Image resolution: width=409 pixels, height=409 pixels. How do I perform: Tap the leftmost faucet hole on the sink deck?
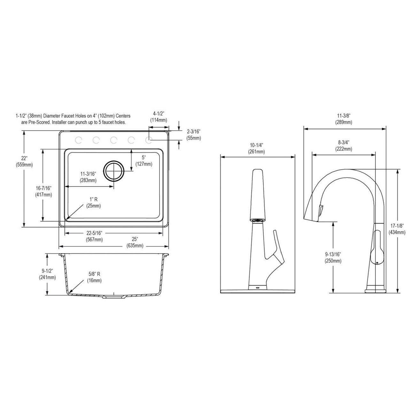click(78, 140)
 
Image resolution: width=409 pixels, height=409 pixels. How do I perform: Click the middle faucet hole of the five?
click(113, 140)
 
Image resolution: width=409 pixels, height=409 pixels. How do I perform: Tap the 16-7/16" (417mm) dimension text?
click(44, 191)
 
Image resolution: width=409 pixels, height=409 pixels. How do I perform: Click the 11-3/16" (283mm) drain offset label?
click(88, 177)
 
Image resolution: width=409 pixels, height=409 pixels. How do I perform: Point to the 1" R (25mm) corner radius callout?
click(93, 203)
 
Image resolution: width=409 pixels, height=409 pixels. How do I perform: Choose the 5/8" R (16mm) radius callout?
click(94, 277)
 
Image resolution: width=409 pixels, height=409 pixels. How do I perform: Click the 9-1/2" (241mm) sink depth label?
click(47, 274)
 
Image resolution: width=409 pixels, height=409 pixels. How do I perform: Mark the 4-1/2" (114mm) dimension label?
click(158, 117)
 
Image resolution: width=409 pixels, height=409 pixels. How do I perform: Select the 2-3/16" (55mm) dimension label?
click(194, 135)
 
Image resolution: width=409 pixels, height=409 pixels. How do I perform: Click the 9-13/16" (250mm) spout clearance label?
click(333, 258)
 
